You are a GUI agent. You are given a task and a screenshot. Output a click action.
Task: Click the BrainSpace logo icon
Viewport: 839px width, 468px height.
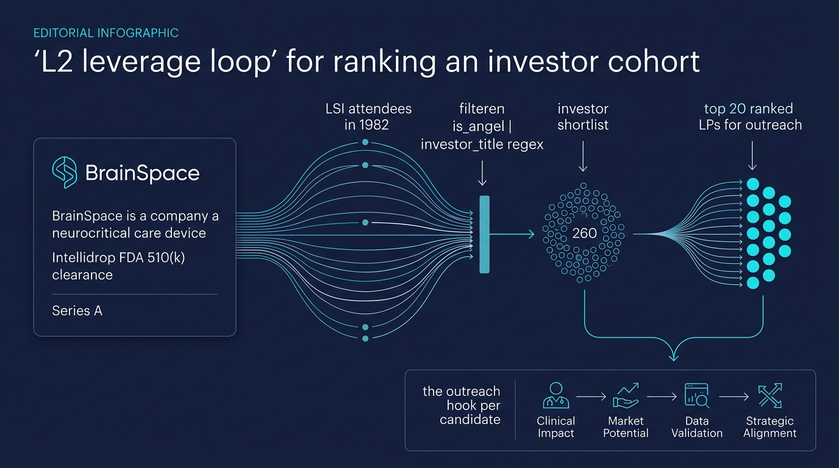coord(65,172)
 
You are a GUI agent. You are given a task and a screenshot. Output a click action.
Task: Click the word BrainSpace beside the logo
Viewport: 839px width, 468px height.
coord(142,173)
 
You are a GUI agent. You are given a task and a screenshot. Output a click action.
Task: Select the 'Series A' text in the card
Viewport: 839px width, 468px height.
coord(77,311)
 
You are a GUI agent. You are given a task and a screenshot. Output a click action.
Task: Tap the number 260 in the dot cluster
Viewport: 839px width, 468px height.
coord(584,233)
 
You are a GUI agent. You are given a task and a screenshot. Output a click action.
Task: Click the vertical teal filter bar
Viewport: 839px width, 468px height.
coord(484,234)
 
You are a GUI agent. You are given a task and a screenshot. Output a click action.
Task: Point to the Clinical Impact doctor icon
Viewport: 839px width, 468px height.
coord(555,395)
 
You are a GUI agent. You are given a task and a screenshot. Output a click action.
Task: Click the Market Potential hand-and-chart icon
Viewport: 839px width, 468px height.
coord(626,395)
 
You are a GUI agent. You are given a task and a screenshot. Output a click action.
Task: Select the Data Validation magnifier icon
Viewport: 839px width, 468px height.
coord(696,395)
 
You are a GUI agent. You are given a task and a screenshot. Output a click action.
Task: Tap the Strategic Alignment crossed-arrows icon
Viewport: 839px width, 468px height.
coord(769,395)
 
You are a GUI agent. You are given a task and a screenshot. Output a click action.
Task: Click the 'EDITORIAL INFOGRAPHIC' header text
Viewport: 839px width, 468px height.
coord(105,33)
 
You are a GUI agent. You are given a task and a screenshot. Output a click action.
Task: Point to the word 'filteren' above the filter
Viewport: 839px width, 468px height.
coord(482,109)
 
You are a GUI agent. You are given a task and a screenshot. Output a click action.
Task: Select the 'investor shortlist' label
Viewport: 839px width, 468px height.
coord(583,117)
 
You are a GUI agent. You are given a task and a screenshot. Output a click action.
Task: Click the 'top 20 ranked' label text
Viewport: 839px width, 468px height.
coord(748,109)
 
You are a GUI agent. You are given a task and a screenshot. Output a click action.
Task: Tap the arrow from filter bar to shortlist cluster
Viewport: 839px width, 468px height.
coord(512,234)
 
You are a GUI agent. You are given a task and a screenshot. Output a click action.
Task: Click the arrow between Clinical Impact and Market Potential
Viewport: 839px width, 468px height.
coord(591,397)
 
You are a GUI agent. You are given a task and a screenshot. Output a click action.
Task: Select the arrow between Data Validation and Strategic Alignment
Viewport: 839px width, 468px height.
coord(734,397)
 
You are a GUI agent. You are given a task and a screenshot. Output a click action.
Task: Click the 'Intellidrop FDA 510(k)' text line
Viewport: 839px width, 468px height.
coord(118,258)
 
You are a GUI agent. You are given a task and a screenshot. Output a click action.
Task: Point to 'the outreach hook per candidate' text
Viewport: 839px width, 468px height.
coord(462,405)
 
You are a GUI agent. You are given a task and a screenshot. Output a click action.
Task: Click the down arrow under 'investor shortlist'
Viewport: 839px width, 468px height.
coord(583,157)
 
